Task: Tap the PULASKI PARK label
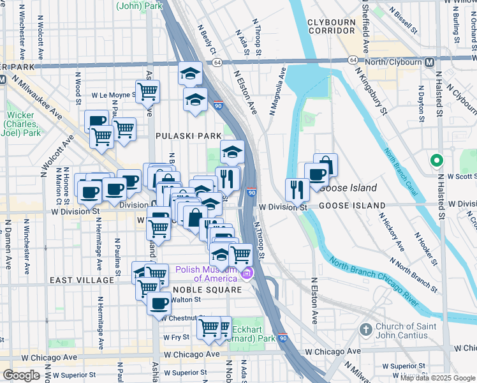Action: [189, 136]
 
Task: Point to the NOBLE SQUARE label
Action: [198, 290]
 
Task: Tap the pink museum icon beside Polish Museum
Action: [247, 274]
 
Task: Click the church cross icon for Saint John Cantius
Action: [365, 330]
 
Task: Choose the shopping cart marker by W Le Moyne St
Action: [147, 92]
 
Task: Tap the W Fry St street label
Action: [177, 337]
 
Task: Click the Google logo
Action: [21, 375]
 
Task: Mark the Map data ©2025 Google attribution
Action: [436, 378]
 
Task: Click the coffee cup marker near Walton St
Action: [159, 303]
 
